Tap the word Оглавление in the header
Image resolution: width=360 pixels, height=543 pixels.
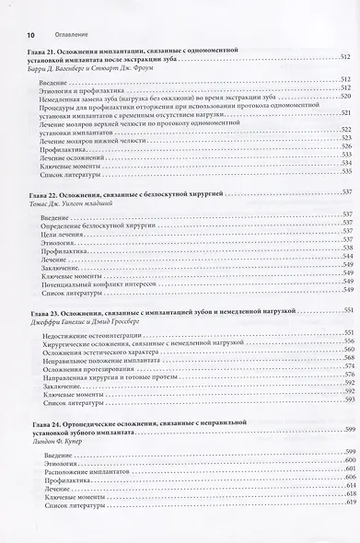pos(54,9)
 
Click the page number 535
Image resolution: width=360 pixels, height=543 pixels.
pos(346,173)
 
